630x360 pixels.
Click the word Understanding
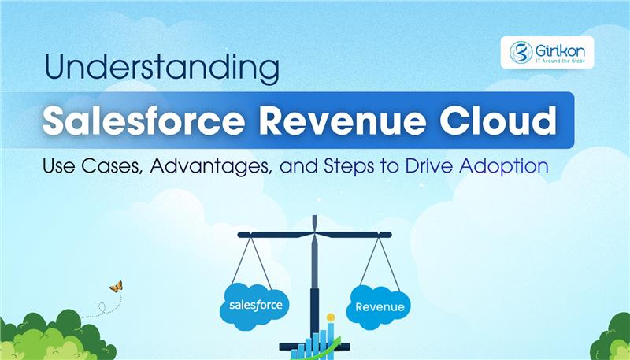(161, 69)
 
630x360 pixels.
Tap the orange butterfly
(116, 288)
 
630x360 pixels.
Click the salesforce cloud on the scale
(255, 302)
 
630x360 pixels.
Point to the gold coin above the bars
(331, 317)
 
